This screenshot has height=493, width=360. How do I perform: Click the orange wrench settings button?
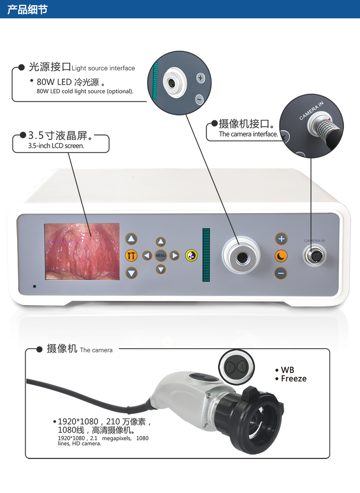pyautogui.click(x=131, y=256)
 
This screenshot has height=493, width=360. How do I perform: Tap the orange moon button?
pyautogui.click(x=281, y=256)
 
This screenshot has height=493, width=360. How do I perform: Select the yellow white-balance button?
pyautogui.click(x=191, y=256)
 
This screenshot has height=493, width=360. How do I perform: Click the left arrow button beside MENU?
pyautogui.click(x=147, y=256)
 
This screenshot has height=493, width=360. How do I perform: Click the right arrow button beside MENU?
pyautogui.click(x=175, y=256)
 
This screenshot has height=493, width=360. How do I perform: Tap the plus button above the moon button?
pyautogui.click(x=281, y=238)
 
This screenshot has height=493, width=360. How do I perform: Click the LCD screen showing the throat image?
pyautogui.click(x=82, y=252)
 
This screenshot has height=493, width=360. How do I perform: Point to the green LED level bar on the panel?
pyautogui.click(x=206, y=255)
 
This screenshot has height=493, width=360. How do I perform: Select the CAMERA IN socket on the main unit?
pyautogui.click(x=314, y=256)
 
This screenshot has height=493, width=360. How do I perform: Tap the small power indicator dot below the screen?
pyautogui.click(x=35, y=286)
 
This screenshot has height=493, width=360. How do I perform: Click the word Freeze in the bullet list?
pyautogui.click(x=294, y=379)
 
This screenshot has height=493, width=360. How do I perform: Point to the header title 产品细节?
pyautogui.click(x=27, y=9)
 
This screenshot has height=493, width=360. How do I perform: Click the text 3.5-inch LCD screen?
pyautogui.click(x=56, y=146)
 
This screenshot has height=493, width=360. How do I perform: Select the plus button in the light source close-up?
pyautogui.click(x=200, y=78)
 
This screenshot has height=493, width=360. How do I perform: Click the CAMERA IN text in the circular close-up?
pyautogui.click(x=311, y=110)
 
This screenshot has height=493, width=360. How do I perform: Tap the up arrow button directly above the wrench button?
pyautogui.click(x=131, y=239)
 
